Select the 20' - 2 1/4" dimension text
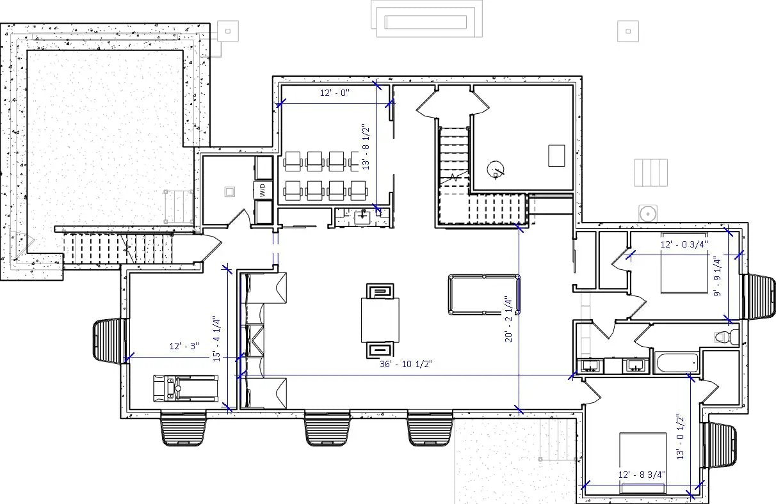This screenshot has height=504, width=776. [x=506, y=319]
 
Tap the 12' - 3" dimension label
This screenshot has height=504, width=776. [x=184, y=346]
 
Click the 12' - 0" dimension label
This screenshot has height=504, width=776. [x=335, y=93]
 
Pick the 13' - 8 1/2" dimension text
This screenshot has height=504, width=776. [x=367, y=147]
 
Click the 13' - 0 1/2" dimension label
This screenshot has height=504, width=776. [x=680, y=436]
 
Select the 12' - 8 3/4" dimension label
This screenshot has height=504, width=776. [x=642, y=475]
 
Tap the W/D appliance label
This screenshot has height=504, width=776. [x=263, y=190]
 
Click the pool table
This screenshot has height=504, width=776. [x=484, y=294]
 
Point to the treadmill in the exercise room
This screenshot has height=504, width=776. [x=186, y=388]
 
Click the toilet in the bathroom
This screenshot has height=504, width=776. [x=724, y=336]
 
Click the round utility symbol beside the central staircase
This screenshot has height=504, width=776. [x=495, y=169]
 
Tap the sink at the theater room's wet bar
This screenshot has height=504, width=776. [x=363, y=216]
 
